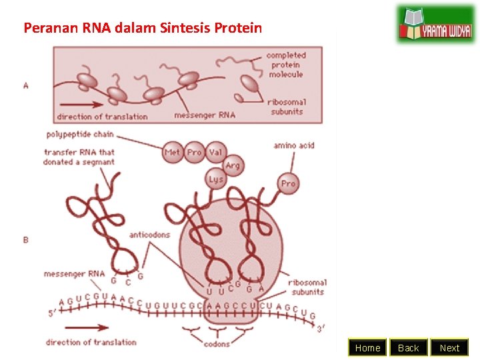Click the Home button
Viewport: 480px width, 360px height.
point(367,347)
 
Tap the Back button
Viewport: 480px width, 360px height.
point(408,347)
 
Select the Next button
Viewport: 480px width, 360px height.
point(449,347)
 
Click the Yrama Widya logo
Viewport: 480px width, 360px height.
point(435,25)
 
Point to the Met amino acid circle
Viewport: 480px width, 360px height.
point(173,152)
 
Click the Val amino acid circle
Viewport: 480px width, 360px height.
point(215,152)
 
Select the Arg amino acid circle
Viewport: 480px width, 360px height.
point(232,165)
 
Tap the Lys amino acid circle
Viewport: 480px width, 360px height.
point(216,179)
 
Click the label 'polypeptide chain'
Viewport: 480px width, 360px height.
point(79,134)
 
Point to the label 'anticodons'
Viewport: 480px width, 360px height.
point(149,235)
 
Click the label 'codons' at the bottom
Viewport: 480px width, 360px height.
point(216,344)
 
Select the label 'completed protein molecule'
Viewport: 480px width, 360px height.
point(286,65)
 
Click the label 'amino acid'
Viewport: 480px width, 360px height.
point(293,145)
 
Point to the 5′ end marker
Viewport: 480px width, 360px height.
point(52,312)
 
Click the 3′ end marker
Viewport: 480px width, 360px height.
point(321,328)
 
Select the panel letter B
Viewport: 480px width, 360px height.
point(26,239)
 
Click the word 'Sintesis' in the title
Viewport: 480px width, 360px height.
point(185,28)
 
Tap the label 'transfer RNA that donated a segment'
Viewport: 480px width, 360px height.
point(79,157)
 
